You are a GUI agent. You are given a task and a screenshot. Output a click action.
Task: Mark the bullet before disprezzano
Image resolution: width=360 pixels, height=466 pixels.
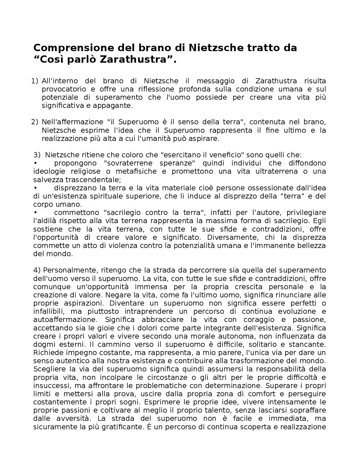point(35,188)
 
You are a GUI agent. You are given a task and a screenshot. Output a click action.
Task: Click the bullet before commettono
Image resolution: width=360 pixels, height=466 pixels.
point(35,213)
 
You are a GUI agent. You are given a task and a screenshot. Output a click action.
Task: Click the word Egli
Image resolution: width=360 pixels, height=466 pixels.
point(319,221)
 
